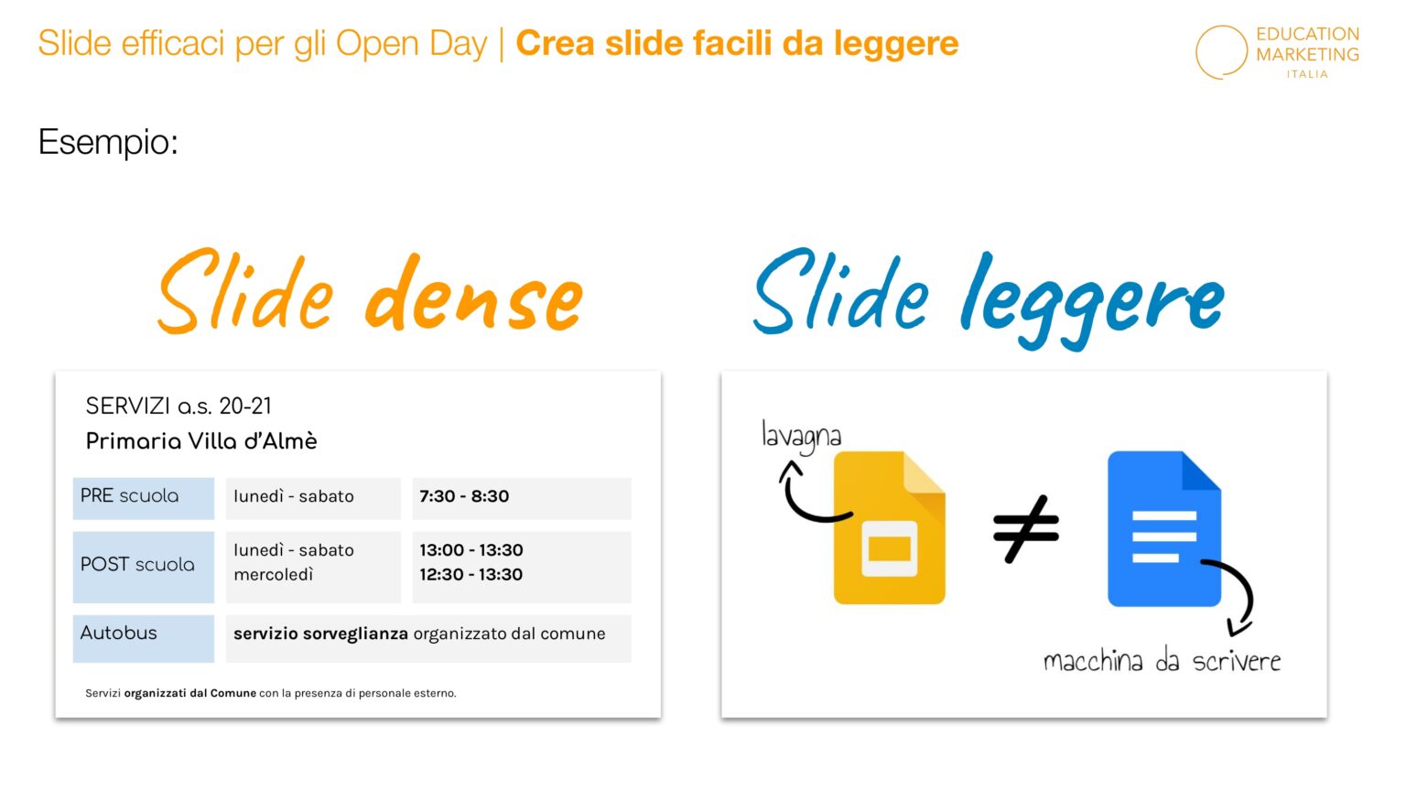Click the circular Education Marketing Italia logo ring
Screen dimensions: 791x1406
[1221, 52]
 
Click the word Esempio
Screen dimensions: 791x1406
[108, 142]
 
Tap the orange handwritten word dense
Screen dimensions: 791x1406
[473, 295]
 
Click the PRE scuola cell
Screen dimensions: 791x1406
[143, 497]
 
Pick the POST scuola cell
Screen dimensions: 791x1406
[143, 566]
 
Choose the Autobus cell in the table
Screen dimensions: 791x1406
[143, 634]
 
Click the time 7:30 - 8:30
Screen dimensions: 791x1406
[464, 497]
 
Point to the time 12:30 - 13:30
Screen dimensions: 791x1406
[471, 575]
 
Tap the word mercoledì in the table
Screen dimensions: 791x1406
[274, 575]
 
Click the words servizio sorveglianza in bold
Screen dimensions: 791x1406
[320, 634]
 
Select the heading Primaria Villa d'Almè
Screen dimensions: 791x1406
[201, 441]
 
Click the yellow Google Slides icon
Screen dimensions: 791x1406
[889, 528]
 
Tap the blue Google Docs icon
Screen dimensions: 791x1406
[1163, 528]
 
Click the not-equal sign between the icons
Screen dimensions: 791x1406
[1025, 528]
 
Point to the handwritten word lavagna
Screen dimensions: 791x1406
[801, 437]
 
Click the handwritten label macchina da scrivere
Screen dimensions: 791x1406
[1162, 661]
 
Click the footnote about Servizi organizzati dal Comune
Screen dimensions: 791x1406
[271, 693]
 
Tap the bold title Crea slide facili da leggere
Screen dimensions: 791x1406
[737, 44]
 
